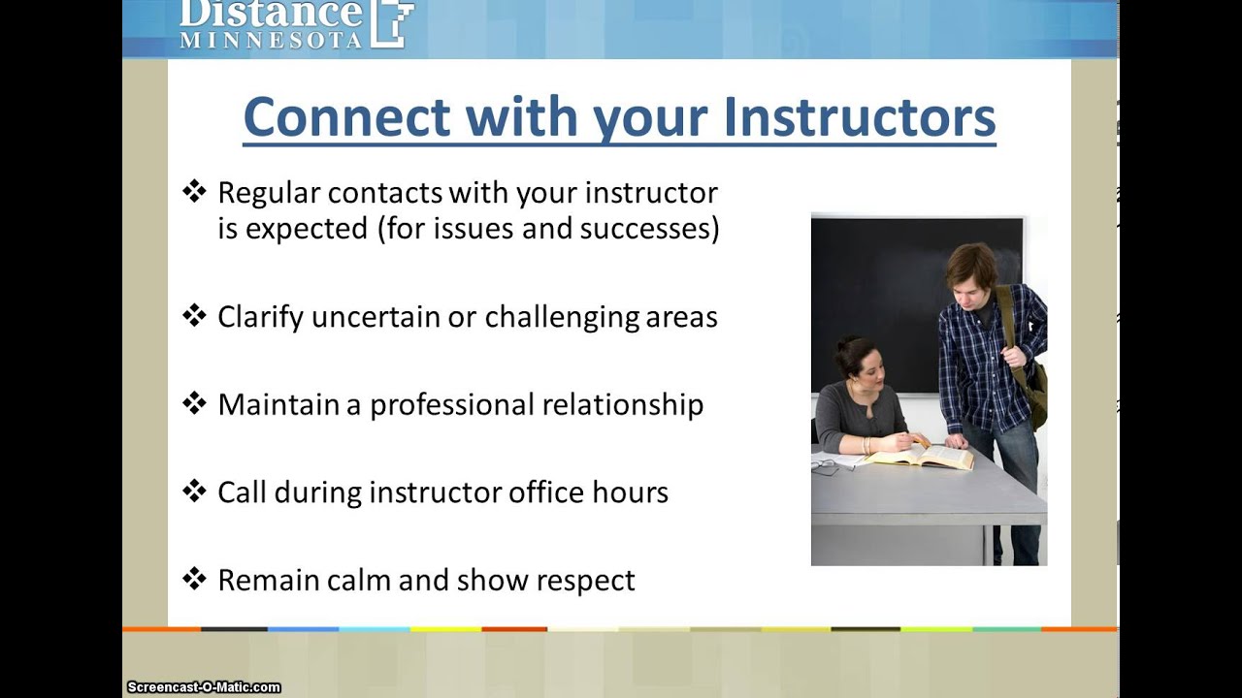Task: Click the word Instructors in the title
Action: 860,117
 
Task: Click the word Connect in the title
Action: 346,117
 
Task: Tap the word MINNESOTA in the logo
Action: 271,41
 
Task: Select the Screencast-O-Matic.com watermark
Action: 204,687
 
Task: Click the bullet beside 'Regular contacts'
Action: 195,192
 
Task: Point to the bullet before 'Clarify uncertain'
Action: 195,316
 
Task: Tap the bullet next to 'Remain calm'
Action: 195,579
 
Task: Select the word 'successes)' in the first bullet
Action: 650,229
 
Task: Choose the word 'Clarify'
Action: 261,318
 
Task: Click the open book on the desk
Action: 921,457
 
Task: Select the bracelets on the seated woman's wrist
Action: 866,445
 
